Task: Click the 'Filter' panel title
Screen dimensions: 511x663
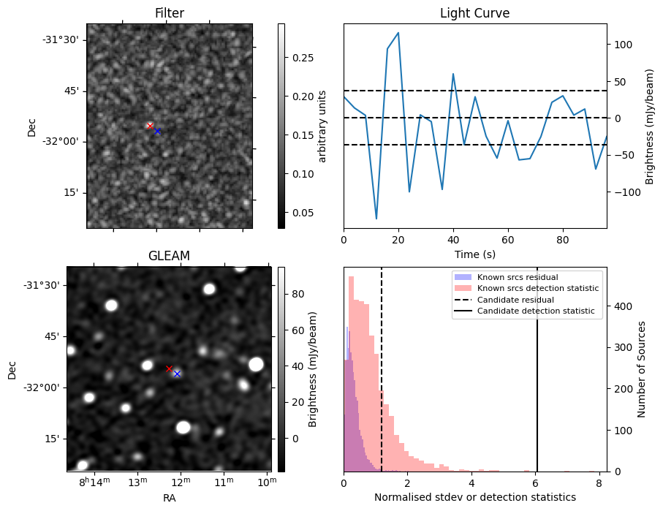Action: click(170, 13)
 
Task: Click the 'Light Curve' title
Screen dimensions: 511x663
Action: click(474, 13)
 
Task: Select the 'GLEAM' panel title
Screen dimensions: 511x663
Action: click(169, 256)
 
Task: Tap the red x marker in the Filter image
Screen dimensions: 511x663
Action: click(150, 126)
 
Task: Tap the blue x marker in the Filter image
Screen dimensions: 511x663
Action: click(157, 131)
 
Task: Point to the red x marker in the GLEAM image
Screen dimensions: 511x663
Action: click(169, 368)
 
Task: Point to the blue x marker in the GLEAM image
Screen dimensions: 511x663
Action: click(177, 374)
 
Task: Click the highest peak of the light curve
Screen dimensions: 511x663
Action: click(398, 33)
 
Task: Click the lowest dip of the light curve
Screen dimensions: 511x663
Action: click(376, 219)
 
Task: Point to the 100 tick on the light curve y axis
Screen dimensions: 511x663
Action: click(620, 44)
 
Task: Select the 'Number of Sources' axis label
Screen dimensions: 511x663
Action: click(643, 369)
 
